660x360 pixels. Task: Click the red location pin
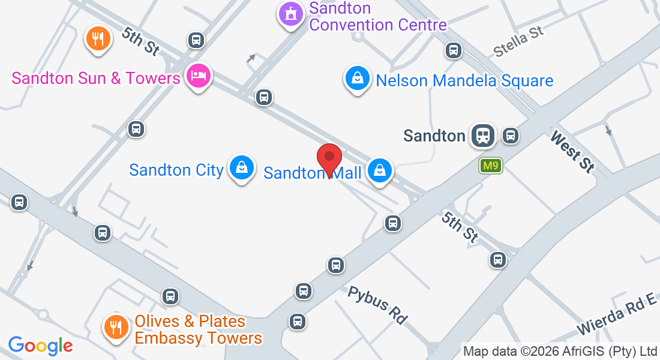(x=329, y=158)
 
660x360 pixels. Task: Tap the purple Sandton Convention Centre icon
(x=291, y=13)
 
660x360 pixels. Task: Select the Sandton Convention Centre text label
(x=378, y=17)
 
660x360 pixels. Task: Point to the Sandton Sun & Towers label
(x=96, y=78)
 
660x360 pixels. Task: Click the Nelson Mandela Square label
(x=464, y=80)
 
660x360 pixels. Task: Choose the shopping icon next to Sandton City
(x=241, y=168)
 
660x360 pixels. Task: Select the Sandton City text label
(x=176, y=170)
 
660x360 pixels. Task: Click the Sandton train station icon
(x=482, y=136)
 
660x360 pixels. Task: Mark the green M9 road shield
(x=490, y=166)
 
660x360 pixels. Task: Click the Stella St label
(x=518, y=41)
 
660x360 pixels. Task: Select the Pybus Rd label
(x=377, y=305)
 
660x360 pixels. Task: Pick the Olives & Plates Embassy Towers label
(x=198, y=330)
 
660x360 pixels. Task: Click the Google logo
(x=40, y=346)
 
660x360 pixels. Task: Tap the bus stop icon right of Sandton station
(x=511, y=136)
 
